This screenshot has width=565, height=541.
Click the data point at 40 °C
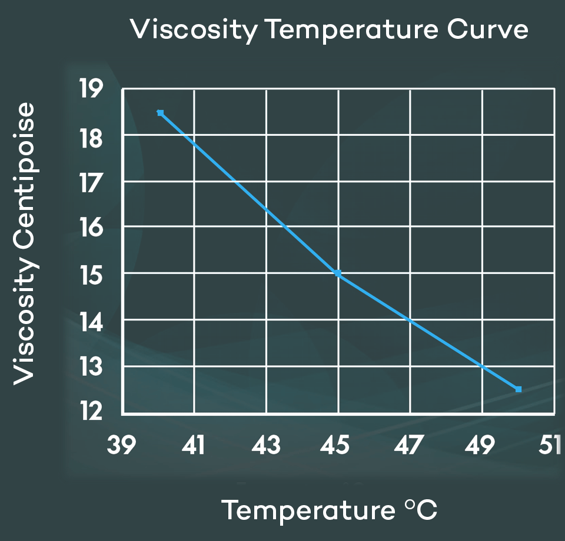click(x=160, y=113)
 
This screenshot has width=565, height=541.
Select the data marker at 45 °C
click(x=338, y=273)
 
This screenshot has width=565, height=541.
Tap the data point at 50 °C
click(x=519, y=389)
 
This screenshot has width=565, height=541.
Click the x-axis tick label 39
click(x=122, y=445)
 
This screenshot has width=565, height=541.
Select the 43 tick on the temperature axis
click(x=266, y=445)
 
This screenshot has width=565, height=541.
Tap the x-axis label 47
click(x=409, y=445)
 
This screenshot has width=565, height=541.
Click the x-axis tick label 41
click(x=194, y=445)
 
